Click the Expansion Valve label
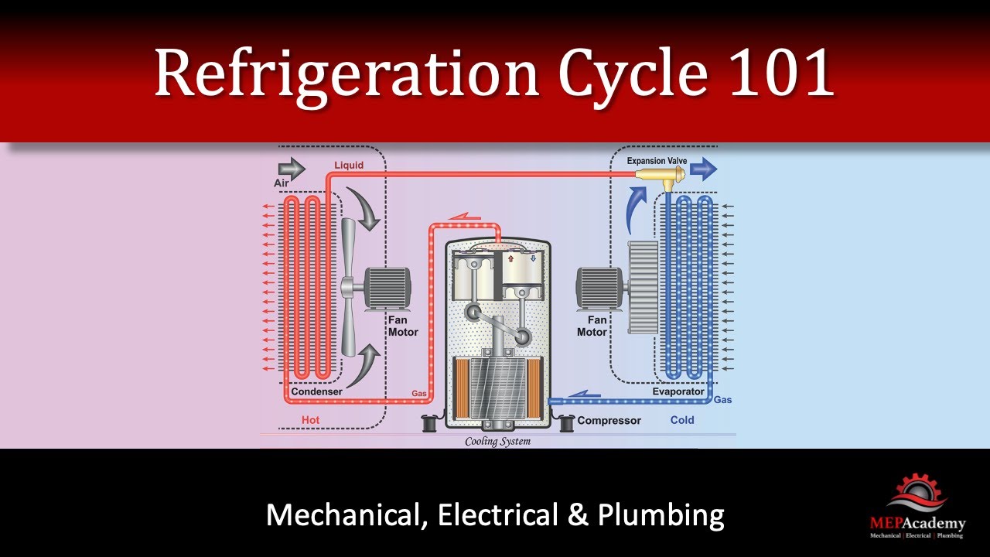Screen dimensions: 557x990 (657, 161)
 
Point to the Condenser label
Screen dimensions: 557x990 (316, 392)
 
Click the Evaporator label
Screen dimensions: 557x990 (678, 392)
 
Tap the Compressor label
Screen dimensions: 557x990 (609, 421)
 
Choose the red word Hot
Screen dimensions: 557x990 (310, 420)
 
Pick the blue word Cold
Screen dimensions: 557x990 (682, 420)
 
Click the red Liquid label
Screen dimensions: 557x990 (349, 166)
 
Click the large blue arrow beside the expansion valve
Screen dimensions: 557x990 (703, 169)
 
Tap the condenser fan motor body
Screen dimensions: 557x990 (387, 286)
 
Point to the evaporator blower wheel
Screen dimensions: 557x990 (642, 285)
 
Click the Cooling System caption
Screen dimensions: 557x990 (497, 443)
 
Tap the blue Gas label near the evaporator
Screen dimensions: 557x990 (722, 400)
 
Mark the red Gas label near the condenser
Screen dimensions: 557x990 (419, 395)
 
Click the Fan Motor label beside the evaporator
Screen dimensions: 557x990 (592, 326)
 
